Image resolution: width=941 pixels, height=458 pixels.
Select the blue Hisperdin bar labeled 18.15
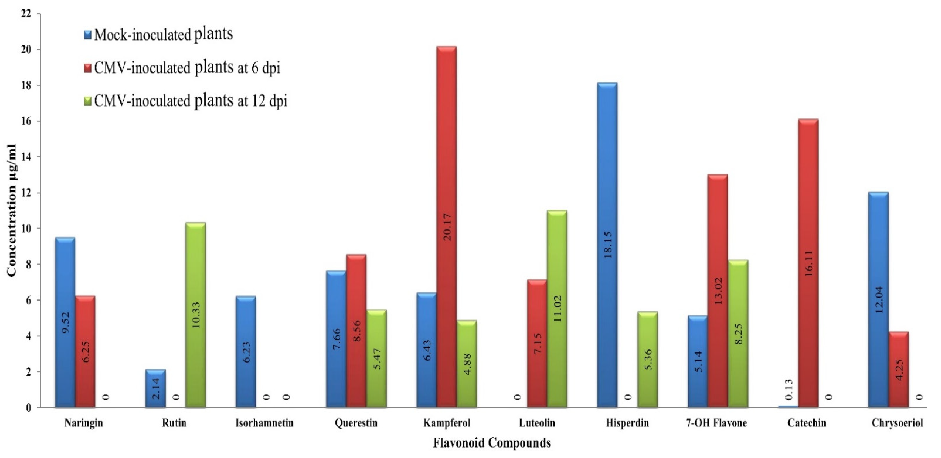(x=607, y=245)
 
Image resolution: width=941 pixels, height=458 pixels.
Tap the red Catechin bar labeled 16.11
(x=808, y=263)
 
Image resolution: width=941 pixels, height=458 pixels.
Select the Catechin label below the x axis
(x=807, y=423)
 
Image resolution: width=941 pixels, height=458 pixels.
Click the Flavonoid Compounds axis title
(x=492, y=443)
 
